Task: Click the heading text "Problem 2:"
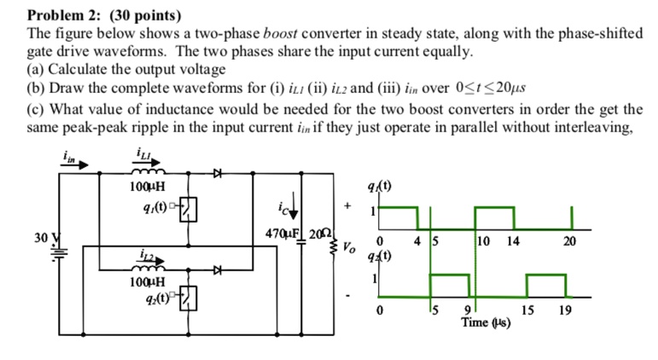[x=60, y=15]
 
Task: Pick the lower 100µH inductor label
[x=147, y=280]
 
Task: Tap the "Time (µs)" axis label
[x=485, y=323]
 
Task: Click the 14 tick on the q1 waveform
[x=512, y=241]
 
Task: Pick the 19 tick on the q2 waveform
[x=565, y=310]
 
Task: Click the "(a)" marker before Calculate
[x=38, y=69]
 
